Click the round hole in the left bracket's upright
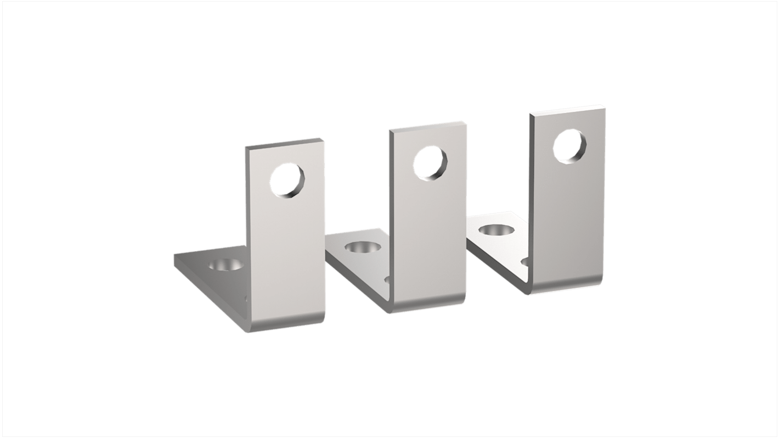pos(286,181)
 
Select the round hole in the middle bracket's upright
pos(430,163)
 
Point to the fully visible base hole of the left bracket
pos(225,265)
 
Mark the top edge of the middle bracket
pos(428,126)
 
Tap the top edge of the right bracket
pos(567,109)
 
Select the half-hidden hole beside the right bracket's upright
pos(525,262)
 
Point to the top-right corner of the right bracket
pos(605,106)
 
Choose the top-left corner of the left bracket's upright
pos(246,148)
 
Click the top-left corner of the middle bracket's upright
pos(390,131)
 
